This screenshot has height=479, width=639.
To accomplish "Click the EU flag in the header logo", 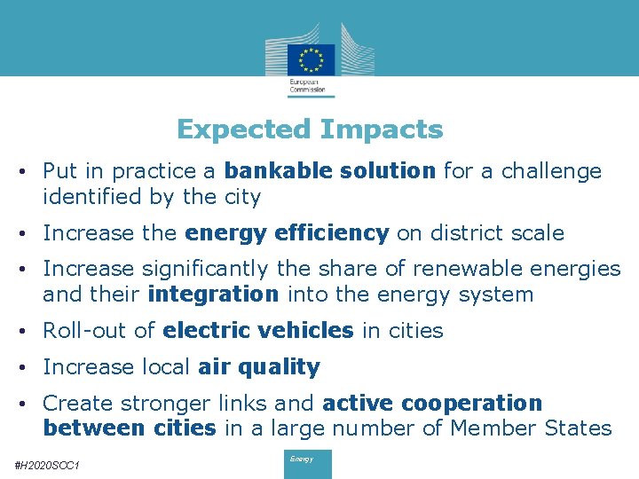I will [x=311, y=59].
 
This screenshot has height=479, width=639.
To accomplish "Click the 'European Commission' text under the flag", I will [x=307, y=86].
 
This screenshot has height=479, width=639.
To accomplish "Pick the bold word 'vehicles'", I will [x=309, y=331].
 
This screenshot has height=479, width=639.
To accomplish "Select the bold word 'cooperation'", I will [x=471, y=403].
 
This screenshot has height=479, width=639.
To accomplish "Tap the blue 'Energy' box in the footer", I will [x=307, y=464].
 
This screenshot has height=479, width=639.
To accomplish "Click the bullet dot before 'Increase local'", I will [x=29, y=367].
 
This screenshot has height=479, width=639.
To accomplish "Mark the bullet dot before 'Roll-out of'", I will [x=29, y=331].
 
